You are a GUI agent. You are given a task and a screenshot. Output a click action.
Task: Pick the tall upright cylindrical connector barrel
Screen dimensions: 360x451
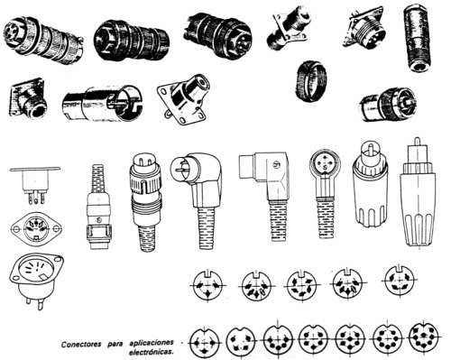pyautogui.click(x=418, y=37)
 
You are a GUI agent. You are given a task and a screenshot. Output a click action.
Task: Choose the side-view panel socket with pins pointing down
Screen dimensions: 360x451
pyautogui.click(x=34, y=184)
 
